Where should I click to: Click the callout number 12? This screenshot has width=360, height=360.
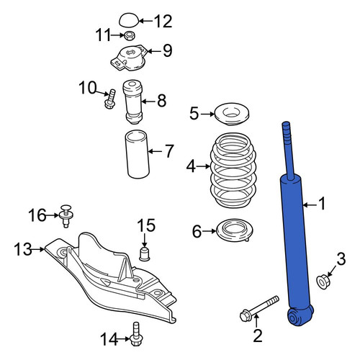pyautogui.click(x=163, y=22)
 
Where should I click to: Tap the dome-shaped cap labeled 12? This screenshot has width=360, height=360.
pyautogui.click(x=129, y=19)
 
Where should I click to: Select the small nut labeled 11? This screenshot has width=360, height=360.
pyautogui.click(x=130, y=36)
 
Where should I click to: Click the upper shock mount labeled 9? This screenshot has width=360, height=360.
pyautogui.click(x=128, y=58)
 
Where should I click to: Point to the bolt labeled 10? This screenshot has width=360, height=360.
pyautogui.click(x=110, y=99)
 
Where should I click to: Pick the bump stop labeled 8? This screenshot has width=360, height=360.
pyautogui.click(x=132, y=102)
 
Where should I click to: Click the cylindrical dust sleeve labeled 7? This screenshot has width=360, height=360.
pyautogui.click(x=138, y=154)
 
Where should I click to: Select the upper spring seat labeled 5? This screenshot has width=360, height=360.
pyautogui.click(x=232, y=114)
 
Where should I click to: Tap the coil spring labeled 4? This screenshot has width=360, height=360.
pyautogui.click(x=233, y=171)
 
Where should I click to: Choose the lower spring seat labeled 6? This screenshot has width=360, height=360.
pyautogui.click(x=235, y=230)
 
